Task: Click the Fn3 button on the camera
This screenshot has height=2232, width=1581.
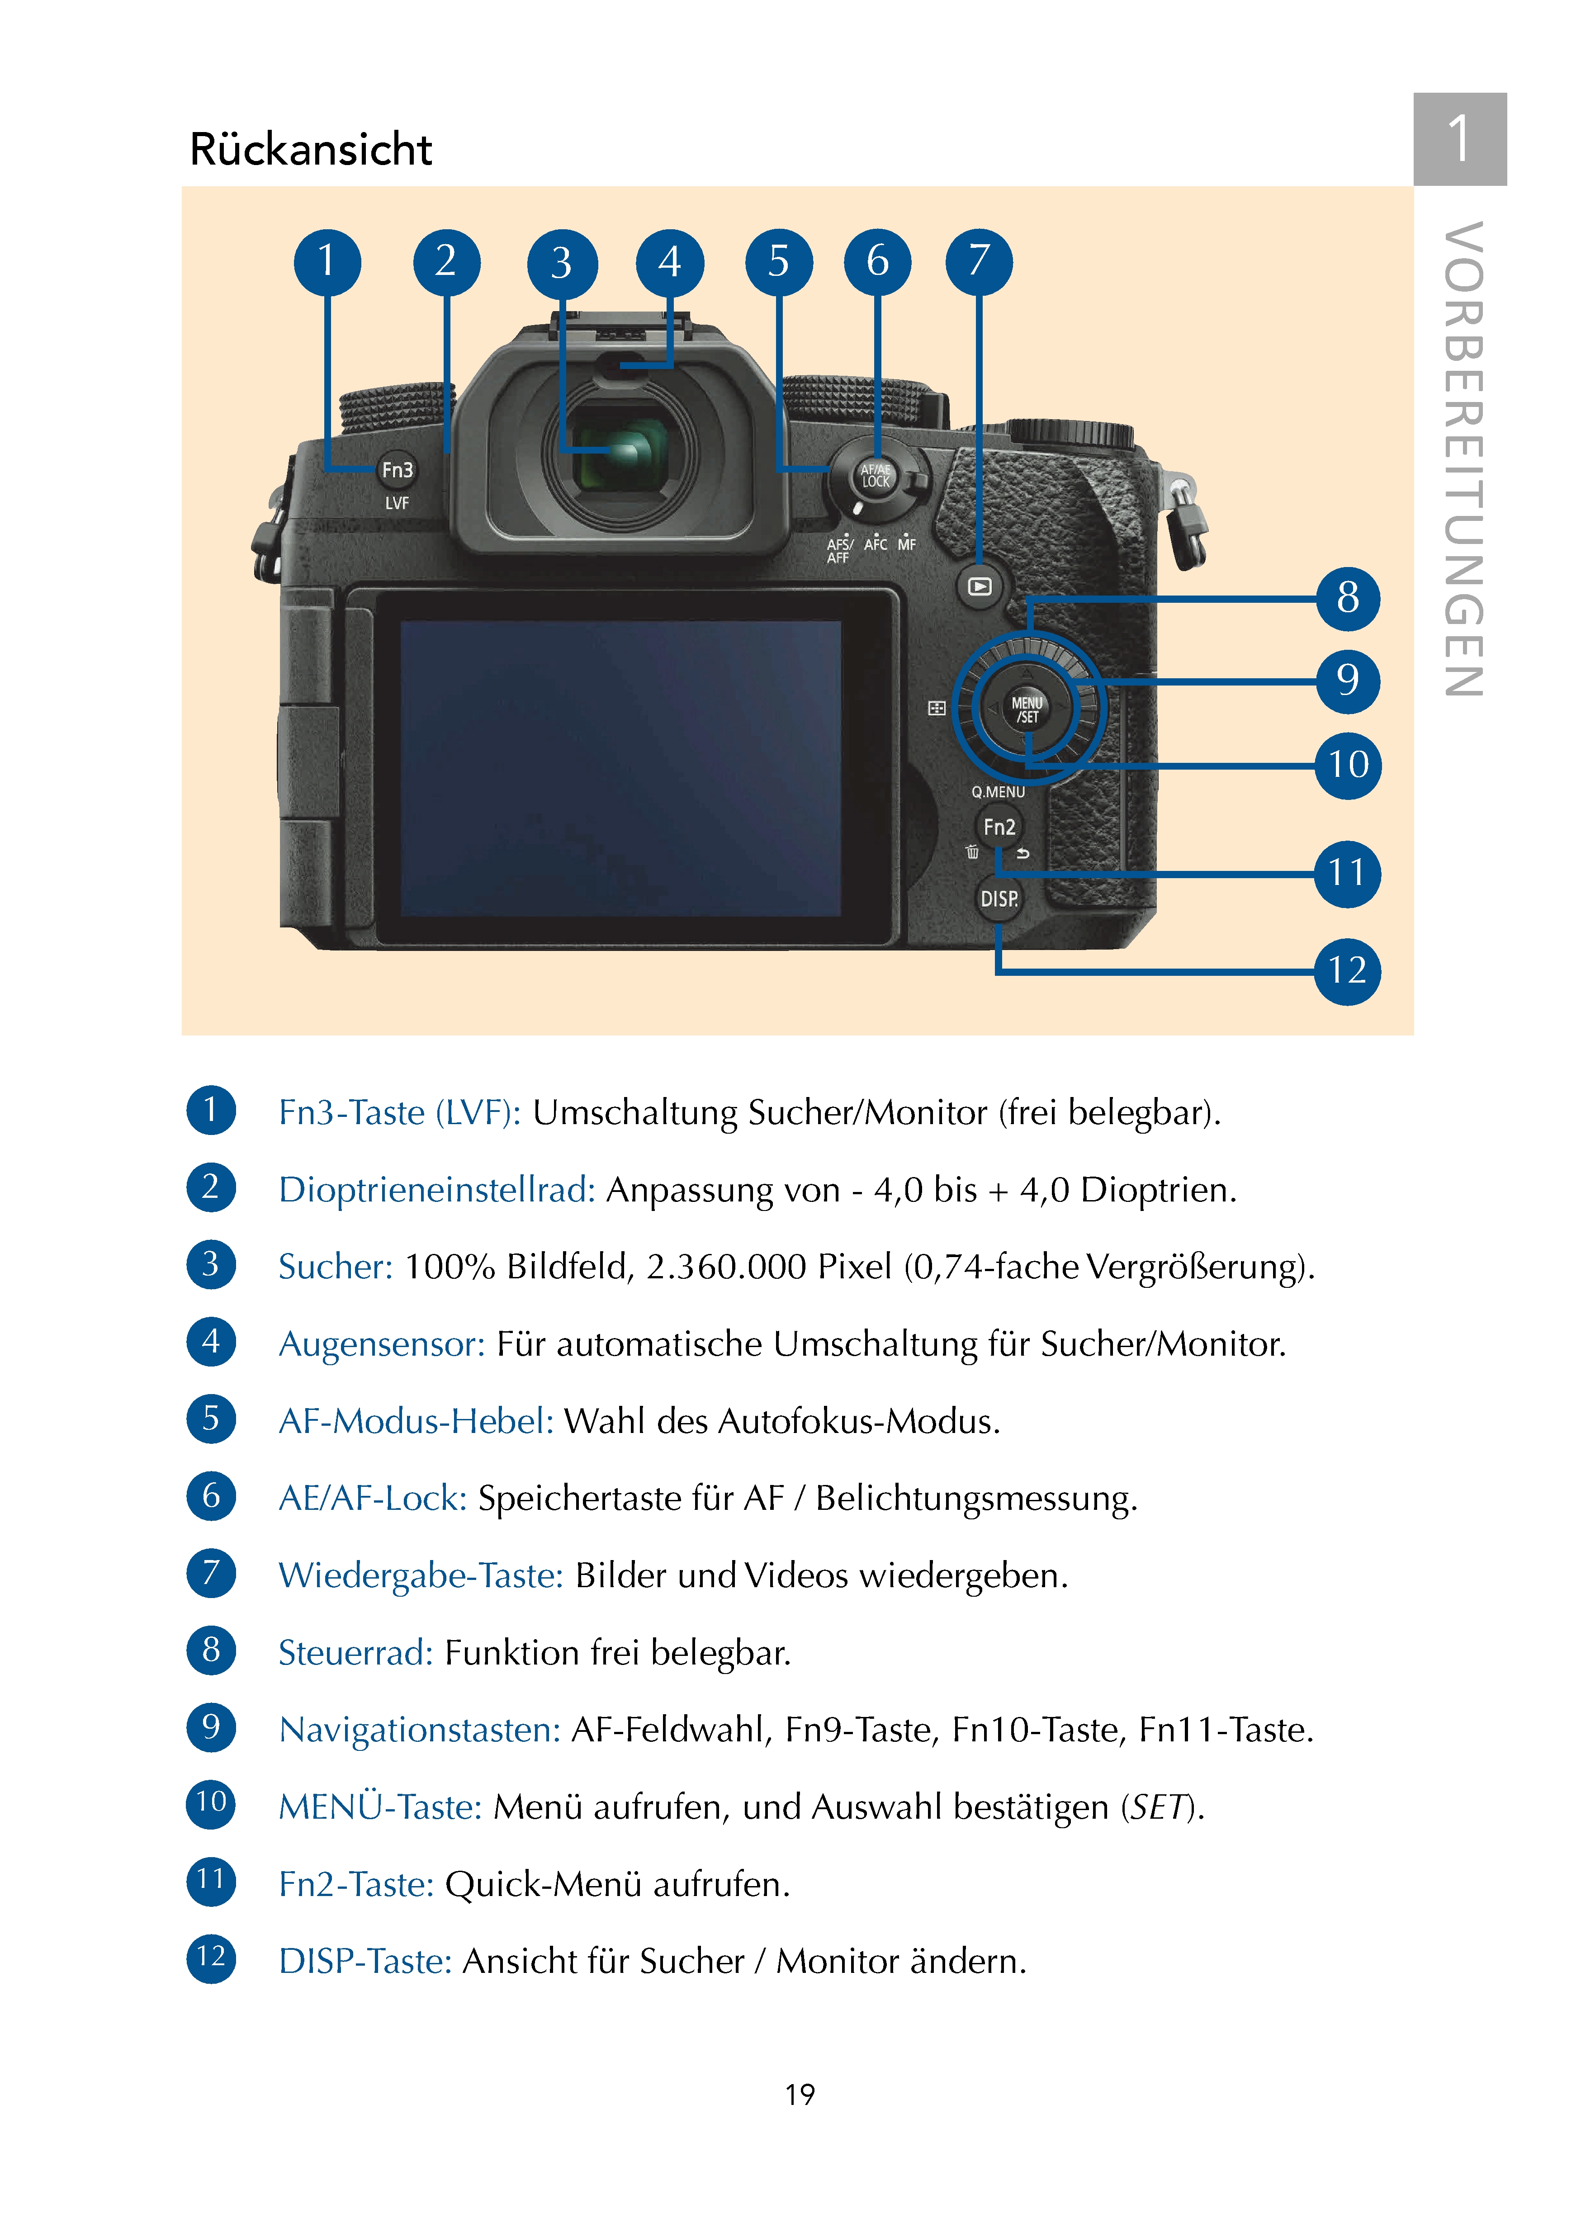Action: coord(397,470)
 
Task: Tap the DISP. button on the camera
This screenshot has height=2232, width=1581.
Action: coord(999,898)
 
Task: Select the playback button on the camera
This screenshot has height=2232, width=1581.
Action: coord(980,587)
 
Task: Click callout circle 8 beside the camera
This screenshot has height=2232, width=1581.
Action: coord(1347,598)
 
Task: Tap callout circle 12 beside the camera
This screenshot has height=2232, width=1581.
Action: coord(1347,970)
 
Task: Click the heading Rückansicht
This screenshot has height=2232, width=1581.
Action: coord(311,150)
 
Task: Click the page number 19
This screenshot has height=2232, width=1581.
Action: coord(799,2094)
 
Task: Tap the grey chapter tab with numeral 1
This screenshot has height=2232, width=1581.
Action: coord(1459,139)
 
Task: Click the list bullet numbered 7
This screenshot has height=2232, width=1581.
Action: coord(211,1573)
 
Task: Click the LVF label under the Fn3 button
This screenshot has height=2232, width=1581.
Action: coord(397,503)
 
